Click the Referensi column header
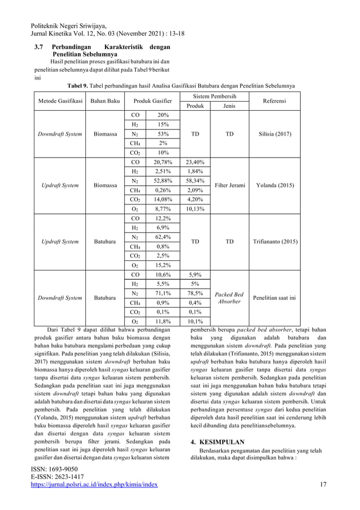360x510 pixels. (x=274, y=101)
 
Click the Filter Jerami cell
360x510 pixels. (x=229, y=185)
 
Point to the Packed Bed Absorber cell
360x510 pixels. (x=229, y=298)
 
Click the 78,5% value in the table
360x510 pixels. (x=195, y=293)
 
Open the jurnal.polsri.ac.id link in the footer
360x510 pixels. (x=94, y=484)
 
